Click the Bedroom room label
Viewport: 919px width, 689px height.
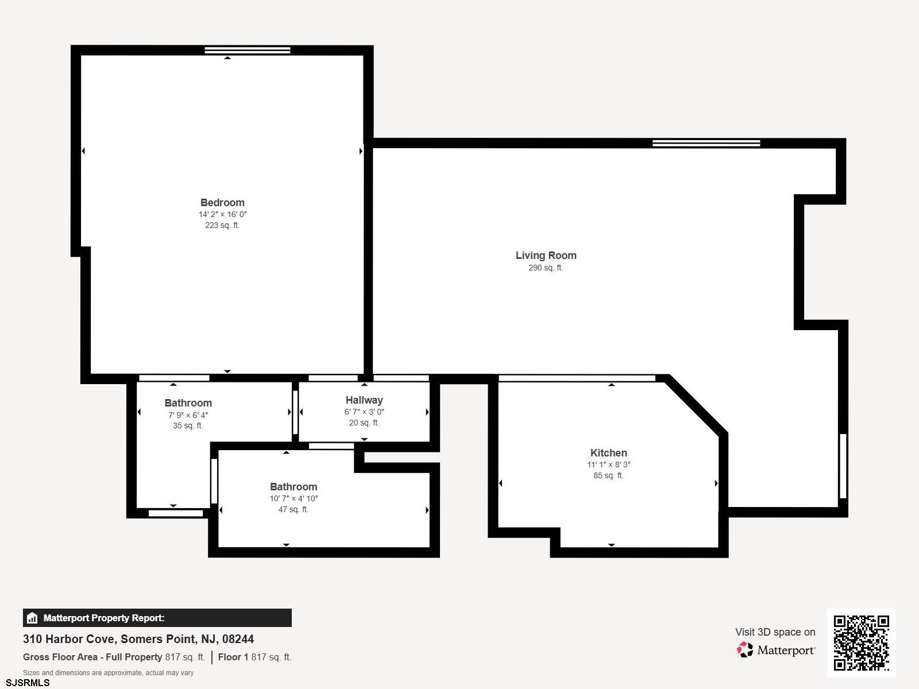click(x=222, y=203)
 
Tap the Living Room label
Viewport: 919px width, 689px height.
click(x=546, y=256)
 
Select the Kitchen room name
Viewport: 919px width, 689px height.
click(x=608, y=453)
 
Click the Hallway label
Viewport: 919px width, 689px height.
click(x=364, y=400)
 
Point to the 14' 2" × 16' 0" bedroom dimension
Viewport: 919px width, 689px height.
click(x=222, y=214)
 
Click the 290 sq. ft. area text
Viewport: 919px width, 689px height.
click(x=546, y=268)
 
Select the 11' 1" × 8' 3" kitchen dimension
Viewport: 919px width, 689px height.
click(x=608, y=465)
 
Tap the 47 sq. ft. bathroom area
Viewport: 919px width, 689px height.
click(x=293, y=509)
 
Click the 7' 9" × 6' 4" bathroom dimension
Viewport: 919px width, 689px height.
click(x=188, y=415)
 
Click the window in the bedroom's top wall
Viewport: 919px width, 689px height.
click(x=248, y=51)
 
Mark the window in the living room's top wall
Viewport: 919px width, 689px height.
click(x=706, y=143)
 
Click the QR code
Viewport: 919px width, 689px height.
click(x=861, y=642)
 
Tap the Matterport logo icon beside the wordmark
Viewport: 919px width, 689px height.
click(x=745, y=650)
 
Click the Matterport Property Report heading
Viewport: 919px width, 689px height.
click(x=104, y=618)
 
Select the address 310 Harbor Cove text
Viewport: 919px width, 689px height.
click(x=138, y=639)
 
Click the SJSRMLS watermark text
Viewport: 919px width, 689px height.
click(x=28, y=683)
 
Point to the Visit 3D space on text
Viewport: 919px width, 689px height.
click(x=775, y=632)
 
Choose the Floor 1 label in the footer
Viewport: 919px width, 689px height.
click(x=233, y=657)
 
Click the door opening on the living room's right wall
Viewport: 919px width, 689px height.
click(x=843, y=466)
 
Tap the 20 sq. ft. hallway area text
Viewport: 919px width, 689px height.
click(x=364, y=423)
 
